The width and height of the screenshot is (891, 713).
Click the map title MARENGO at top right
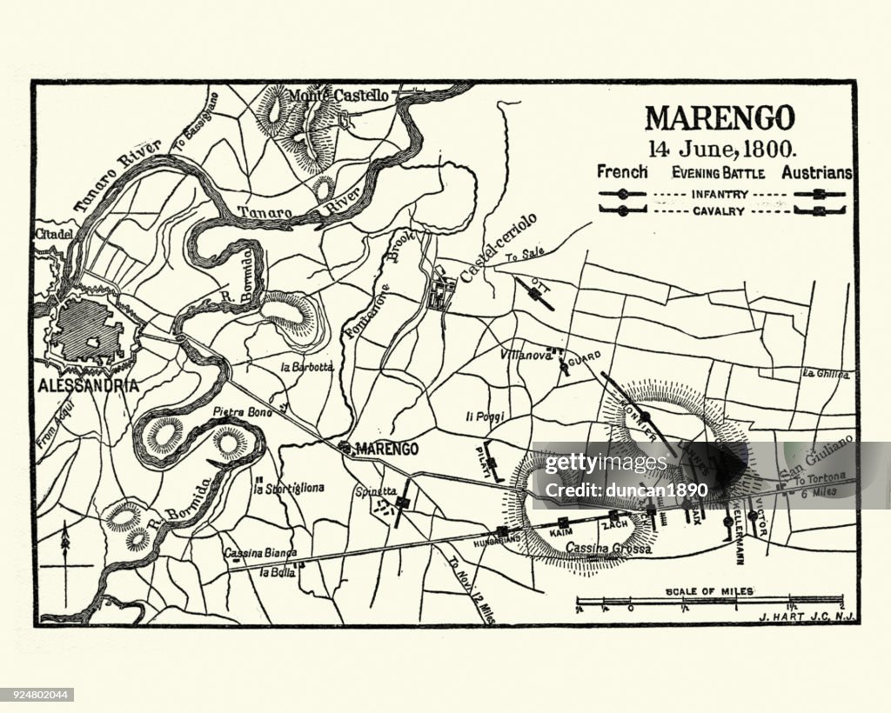719,117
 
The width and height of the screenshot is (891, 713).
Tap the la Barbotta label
306,367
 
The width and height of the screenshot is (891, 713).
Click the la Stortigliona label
289,488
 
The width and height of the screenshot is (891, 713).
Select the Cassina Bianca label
259,552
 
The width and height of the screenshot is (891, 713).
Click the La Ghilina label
826,374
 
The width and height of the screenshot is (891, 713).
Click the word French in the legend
622,172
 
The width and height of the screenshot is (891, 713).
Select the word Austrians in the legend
816,173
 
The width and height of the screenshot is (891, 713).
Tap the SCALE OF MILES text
709,591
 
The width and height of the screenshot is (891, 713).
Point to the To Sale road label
525,257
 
